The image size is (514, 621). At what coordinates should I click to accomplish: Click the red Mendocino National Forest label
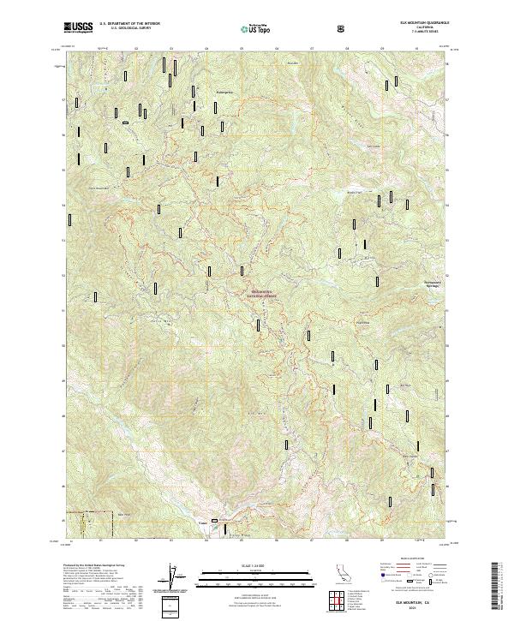click(x=266, y=293)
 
